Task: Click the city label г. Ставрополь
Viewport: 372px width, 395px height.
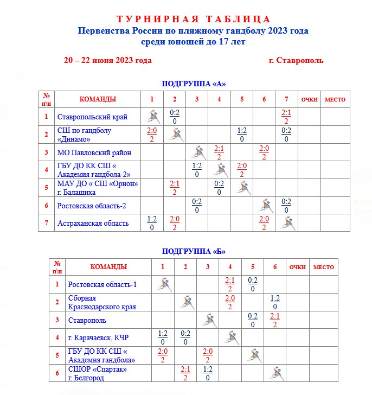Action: pos(296,60)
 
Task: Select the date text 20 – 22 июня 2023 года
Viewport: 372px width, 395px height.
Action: pos(107,60)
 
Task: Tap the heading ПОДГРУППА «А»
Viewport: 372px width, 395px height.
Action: pos(194,84)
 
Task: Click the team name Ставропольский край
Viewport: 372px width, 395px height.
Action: pos(93,116)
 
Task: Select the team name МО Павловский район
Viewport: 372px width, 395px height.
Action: pos(94,152)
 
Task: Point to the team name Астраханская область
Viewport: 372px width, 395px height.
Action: pos(93,223)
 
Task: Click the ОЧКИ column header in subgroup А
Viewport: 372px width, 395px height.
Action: pos(309,99)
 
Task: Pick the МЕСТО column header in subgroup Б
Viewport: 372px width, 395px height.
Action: pos(324,267)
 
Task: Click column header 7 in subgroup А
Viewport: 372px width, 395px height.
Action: pos(286,99)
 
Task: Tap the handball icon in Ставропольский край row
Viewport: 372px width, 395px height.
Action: pos(152,116)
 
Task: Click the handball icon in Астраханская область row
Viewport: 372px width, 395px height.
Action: pos(286,222)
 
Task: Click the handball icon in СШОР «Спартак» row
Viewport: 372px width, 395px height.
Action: pos(275,373)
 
